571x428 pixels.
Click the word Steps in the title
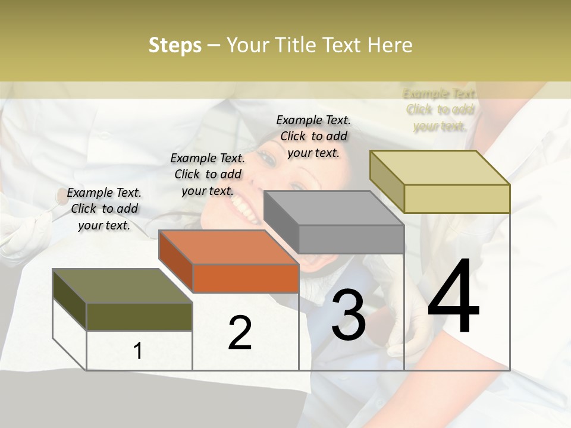coord(175,45)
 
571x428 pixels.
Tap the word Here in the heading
coord(390,45)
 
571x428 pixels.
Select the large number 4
coord(453,297)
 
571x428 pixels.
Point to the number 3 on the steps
coord(348,315)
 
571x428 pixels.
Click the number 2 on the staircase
coord(240,333)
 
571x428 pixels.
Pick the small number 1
coord(138,351)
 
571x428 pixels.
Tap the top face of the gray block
coord(333,208)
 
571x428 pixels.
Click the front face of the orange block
coord(246,278)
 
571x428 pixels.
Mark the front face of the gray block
coord(351,240)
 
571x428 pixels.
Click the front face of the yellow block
coord(457,199)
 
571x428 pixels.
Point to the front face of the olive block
coord(139,316)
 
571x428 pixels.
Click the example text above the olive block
coord(105,209)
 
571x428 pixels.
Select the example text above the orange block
coord(208,174)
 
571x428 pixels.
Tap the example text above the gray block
coord(313,136)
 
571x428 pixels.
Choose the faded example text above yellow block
coord(440,110)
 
